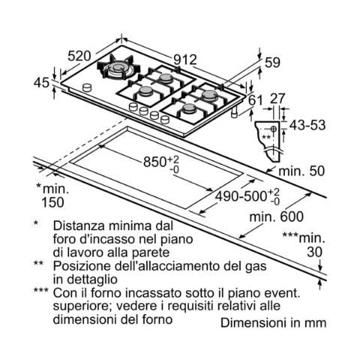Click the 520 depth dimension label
click(79, 56)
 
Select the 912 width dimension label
click(185, 60)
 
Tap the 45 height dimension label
click(42, 82)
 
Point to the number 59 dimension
click(272, 62)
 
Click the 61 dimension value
click(255, 100)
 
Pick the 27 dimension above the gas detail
click(277, 98)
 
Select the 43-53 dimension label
click(307, 125)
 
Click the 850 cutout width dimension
click(161, 163)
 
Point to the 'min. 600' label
click(276, 217)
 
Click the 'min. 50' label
click(301, 171)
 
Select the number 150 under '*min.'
click(52, 202)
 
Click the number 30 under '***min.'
click(314, 252)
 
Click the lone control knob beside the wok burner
click(87, 88)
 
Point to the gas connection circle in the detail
click(273, 129)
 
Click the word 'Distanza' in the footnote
click(79, 226)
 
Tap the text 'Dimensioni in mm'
click(274, 322)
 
